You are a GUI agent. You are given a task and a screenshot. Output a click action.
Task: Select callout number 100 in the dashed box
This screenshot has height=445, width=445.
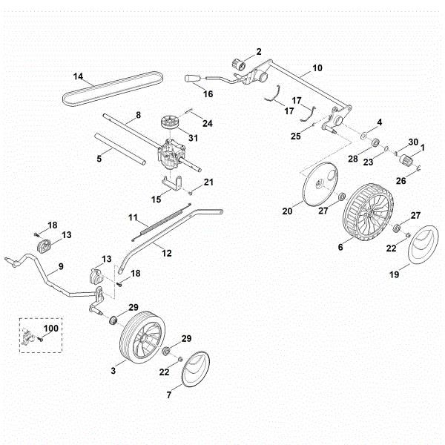tap(51, 326)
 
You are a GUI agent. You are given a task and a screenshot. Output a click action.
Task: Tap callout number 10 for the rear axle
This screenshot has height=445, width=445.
tap(317, 67)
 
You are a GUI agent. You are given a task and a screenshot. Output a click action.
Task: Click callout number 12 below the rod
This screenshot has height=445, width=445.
tap(166, 253)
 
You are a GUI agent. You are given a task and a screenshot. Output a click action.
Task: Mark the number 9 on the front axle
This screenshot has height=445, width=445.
tap(61, 266)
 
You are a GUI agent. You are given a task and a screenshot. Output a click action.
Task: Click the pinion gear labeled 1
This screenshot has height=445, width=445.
tap(406, 161)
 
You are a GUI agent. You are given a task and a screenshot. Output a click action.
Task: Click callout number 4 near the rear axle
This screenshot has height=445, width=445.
tap(380, 122)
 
